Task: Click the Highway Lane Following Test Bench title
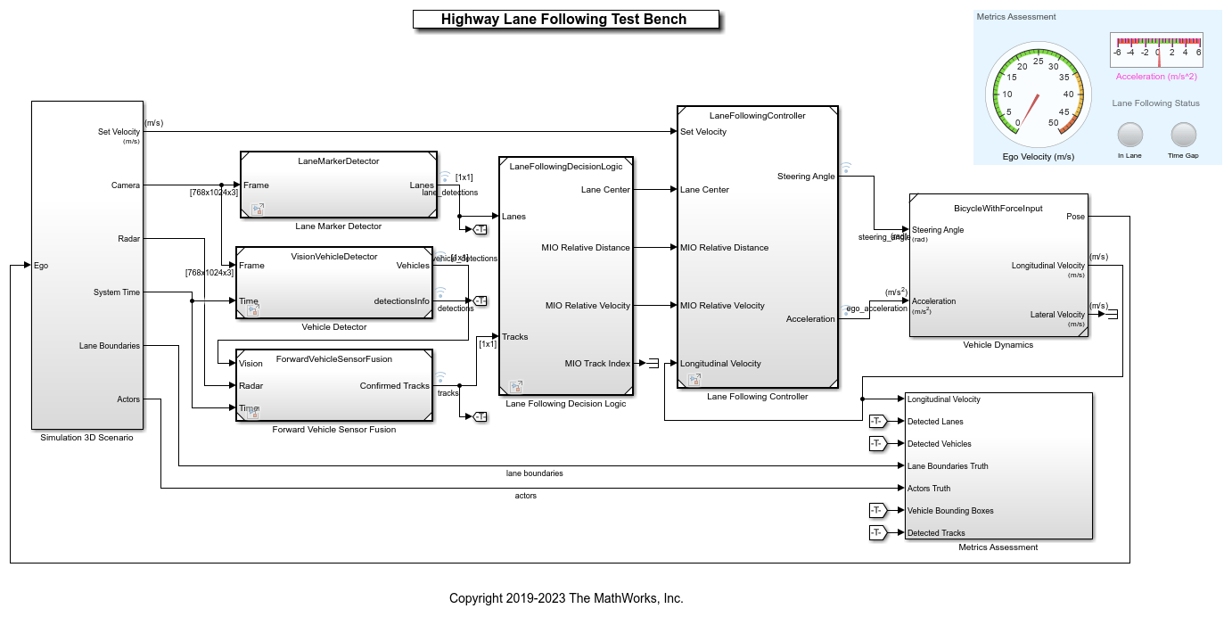coord(565,20)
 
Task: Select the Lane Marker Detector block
coord(338,185)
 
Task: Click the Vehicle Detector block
coord(333,283)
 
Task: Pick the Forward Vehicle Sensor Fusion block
coord(333,385)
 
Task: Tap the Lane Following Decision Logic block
coord(566,276)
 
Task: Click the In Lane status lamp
coord(1129,135)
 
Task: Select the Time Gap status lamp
coord(1183,135)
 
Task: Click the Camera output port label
coord(125,185)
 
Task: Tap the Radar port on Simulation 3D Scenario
coord(128,239)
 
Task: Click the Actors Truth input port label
coord(929,489)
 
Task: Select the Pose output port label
coord(1075,217)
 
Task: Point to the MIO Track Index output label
coord(597,363)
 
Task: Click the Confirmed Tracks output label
coord(394,386)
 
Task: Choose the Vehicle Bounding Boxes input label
coord(950,511)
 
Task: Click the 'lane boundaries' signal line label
coord(534,473)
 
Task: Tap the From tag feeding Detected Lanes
coord(877,422)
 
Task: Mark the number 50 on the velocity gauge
coord(1054,123)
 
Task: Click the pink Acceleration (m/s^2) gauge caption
coord(1156,77)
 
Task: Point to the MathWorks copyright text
coord(566,598)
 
